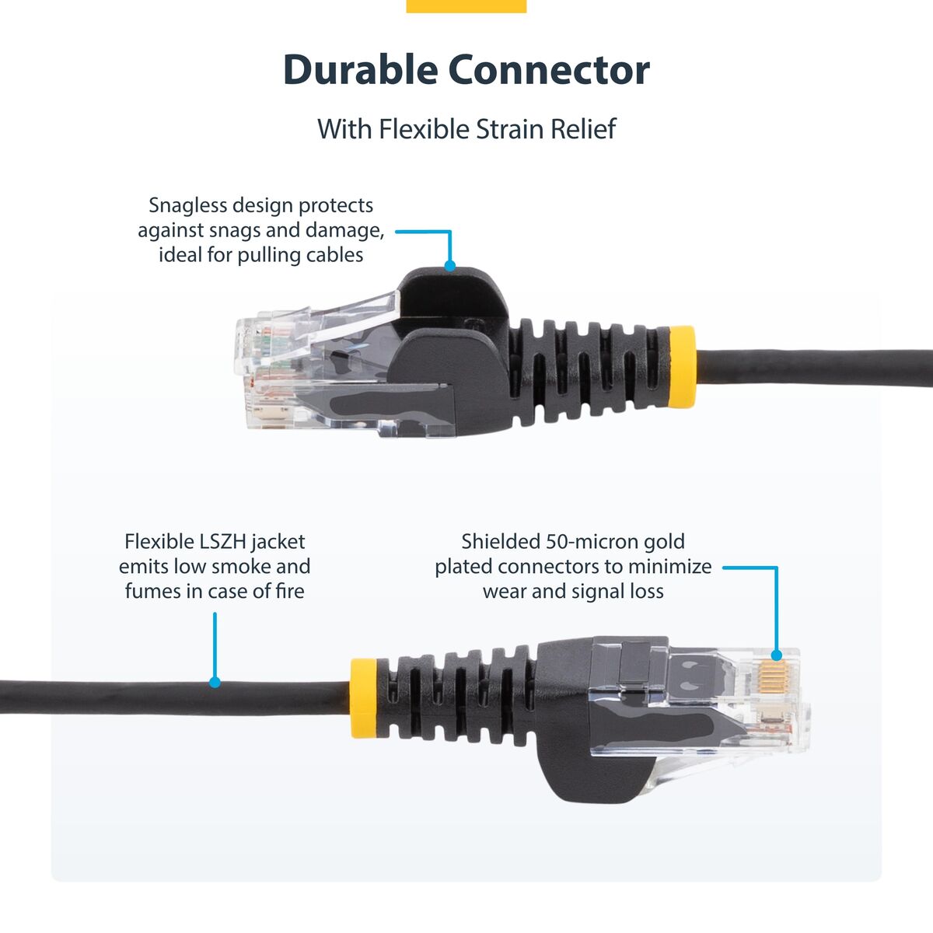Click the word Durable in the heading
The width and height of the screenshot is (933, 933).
(x=359, y=70)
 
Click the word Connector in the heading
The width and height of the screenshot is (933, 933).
(x=549, y=70)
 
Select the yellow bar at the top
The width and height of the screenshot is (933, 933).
(x=466, y=6)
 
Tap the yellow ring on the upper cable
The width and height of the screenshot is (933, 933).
(x=682, y=367)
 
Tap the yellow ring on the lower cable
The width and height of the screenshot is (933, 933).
(x=363, y=697)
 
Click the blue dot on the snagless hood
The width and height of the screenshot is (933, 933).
(x=449, y=266)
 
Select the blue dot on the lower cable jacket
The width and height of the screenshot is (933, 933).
(x=215, y=683)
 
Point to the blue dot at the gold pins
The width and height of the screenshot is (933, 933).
(x=776, y=656)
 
